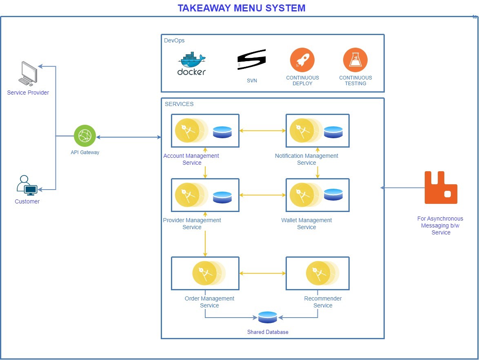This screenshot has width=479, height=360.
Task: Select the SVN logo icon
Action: (x=252, y=60)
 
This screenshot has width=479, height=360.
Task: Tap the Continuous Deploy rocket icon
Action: (x=302, y=60)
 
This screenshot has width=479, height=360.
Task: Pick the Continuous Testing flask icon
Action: (x=355, y=60)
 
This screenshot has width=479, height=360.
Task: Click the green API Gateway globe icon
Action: (x=85, y=136)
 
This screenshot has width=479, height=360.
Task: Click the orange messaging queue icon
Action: (x=441, y=188)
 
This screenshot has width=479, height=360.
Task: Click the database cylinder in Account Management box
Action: (x=222, y=132)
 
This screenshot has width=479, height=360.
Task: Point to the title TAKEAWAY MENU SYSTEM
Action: (x=242, y=8)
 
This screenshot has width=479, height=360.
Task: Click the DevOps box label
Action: (x=174, y=40)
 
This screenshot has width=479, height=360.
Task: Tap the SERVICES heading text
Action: (x=179, y=104)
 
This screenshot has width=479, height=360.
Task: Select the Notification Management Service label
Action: (x=306, y=159)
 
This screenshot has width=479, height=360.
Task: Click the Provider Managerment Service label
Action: (x=192, y=223)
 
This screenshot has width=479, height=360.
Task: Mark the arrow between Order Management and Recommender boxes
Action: (x=262, y=273)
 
